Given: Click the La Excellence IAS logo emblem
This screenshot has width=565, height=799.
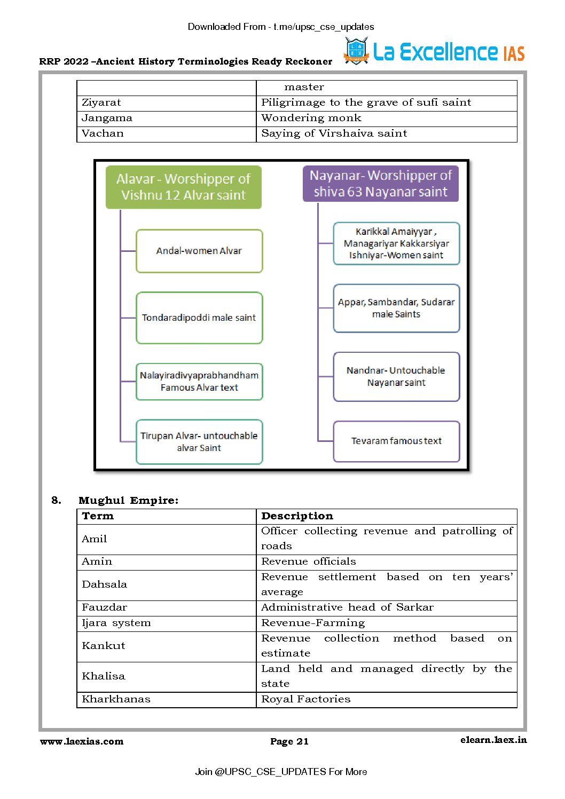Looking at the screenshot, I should (x=356, y=51).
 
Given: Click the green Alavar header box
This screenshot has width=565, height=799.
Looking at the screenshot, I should (x=183, y=187).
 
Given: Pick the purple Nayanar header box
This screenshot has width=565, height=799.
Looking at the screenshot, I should (x=380, y=184).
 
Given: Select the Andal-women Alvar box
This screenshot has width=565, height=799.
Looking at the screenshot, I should (x=199, y=251).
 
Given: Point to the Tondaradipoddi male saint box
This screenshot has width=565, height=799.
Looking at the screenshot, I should (x=199, y=318).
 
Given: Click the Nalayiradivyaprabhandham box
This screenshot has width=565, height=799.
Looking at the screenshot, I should (x=199, y=381).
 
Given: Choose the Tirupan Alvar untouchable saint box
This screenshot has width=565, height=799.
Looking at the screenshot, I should (x=199, y=441).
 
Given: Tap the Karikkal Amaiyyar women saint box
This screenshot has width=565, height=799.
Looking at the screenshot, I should (x=396, y=243).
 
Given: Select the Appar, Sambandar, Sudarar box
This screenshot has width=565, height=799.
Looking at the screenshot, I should (x=396, y=308).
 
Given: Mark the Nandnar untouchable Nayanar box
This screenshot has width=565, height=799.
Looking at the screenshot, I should (x=396, y=376).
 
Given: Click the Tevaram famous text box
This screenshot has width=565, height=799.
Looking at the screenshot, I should (x=396, y=441).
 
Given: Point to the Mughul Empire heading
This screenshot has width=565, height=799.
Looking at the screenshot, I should (x=128, y=501).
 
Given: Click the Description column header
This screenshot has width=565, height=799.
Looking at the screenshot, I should (x=297, y=516).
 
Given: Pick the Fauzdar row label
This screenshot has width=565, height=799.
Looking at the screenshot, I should (x=105, y=607).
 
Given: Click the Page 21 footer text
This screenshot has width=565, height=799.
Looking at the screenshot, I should (x=289, y=741).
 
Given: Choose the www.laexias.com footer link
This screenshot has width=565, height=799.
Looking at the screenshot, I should (x=82, y=741).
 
